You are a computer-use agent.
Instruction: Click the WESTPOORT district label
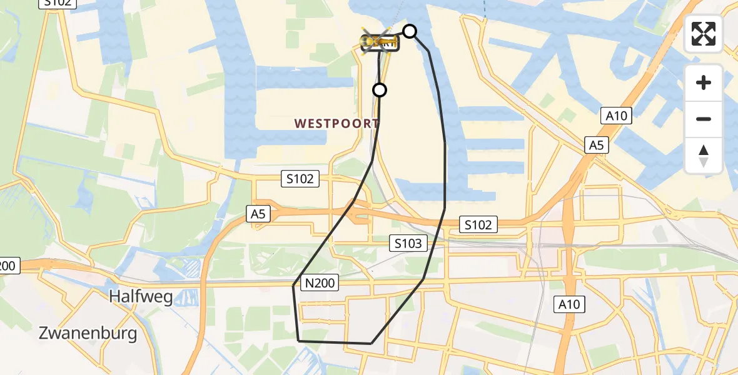click(x=336, y=123)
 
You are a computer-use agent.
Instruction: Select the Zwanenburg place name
click(x=88, y=333)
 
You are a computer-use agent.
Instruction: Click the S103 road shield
click(x=408, y=243)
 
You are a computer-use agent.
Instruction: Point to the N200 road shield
click(x=320, y=284)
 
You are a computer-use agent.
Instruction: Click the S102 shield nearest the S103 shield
click(x=478, y=224)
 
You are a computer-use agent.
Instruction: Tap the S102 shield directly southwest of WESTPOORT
click(x=300, y=179)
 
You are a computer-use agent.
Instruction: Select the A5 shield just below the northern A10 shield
click(x=596, y=146)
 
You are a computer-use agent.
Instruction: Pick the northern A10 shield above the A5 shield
click(x=616, y=116)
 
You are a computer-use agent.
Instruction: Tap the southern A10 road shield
click(x=569, y=304)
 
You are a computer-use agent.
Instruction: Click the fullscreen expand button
click(x=704, y=34)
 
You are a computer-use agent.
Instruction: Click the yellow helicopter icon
click(x=378, y=42)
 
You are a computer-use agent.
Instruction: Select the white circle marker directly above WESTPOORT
click(x=380, y=90)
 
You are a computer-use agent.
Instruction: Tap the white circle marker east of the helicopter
click(x=409, y=31)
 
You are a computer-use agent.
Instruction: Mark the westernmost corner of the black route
click(x=293, y=286)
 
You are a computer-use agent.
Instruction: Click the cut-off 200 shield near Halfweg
click(x=8, y=266)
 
